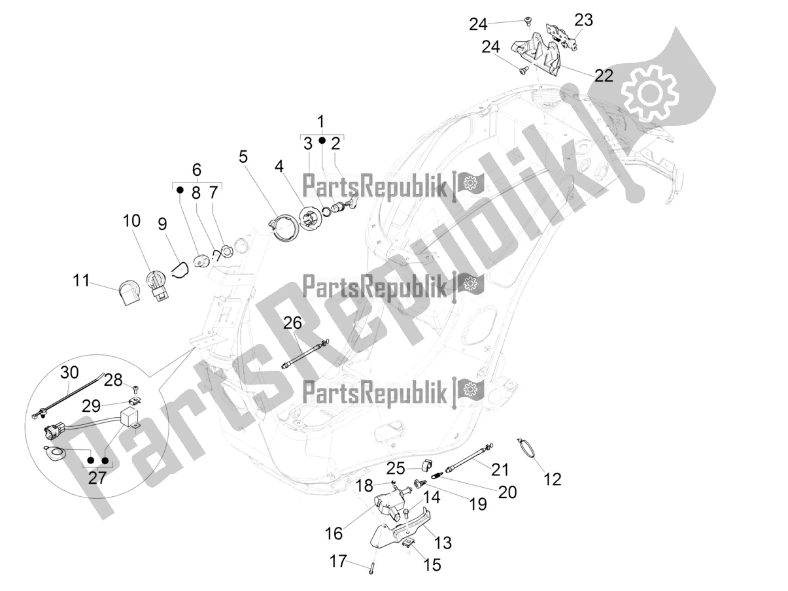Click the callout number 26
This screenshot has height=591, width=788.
[x=293, y=323]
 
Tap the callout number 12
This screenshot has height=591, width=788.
[x=553, y=479]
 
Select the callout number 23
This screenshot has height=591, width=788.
[x=583, y=20]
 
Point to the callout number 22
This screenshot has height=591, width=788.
[x=604, y=75]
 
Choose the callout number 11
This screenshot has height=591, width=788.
[x=81, y=280]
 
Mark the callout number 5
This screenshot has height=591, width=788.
[x=243, y=156]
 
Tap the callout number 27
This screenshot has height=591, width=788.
[x=97, y=477]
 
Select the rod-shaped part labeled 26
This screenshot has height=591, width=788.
[x=305, y=354]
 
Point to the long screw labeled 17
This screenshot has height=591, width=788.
[x=372, y=568]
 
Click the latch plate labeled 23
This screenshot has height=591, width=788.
[x=561, y=37]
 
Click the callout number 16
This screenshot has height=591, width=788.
[x=334, y=533]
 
